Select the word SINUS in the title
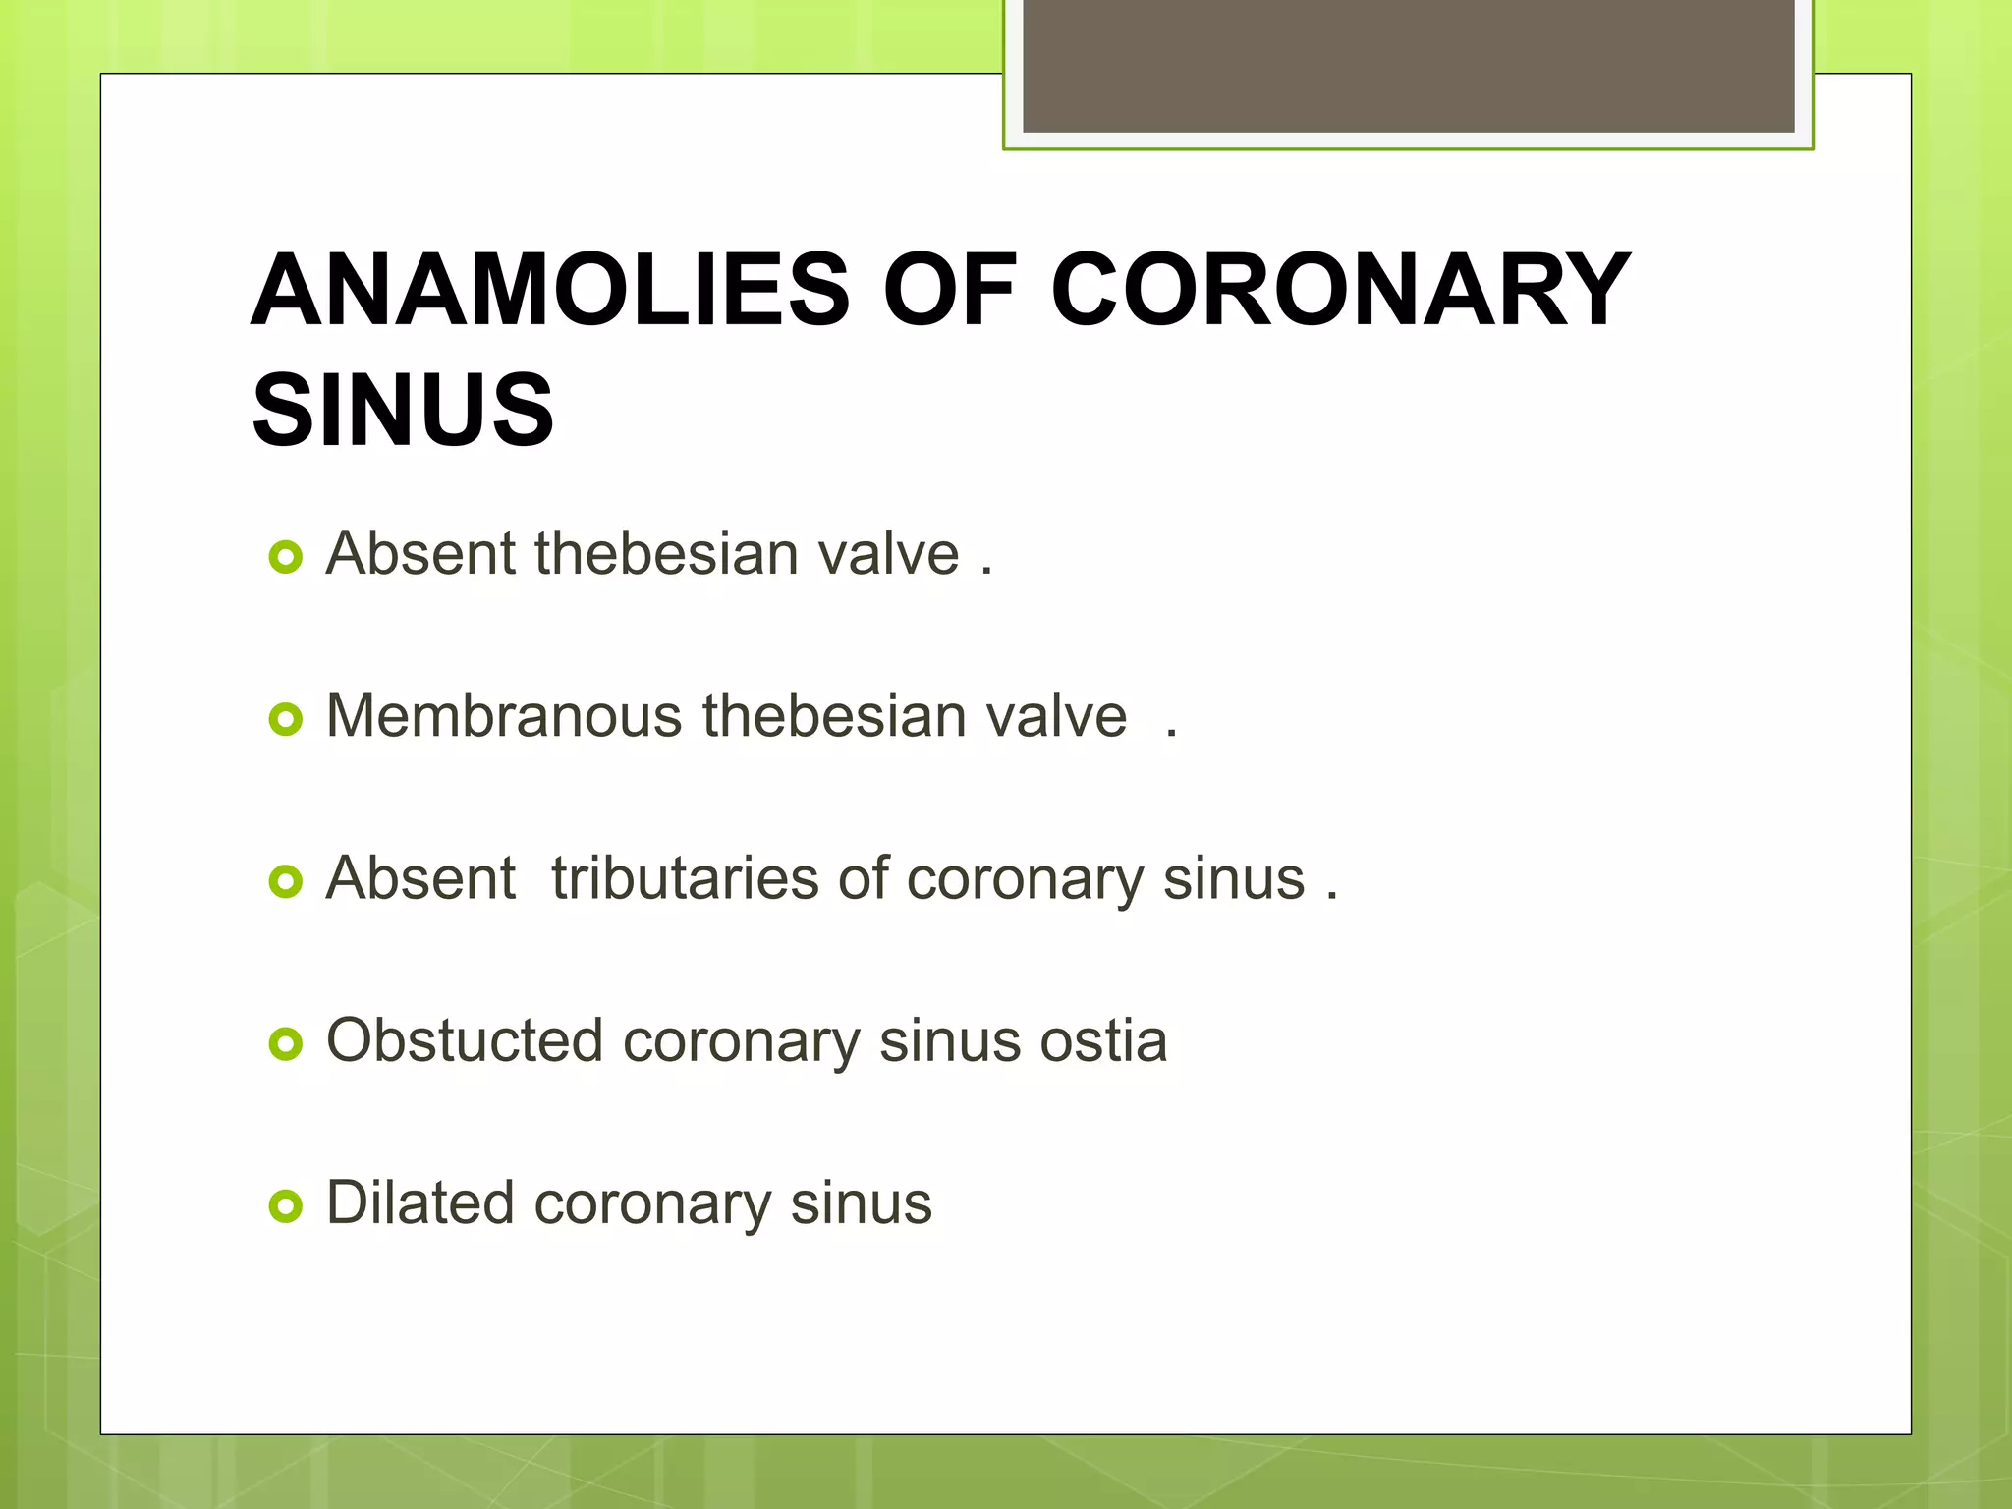click(x=403, y=410)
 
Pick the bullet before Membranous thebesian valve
click(x=285, y=720)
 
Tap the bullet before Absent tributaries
click(x=285, y=882)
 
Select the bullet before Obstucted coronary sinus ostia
click(x=285, y=1044)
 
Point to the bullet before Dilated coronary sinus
click(x=285, y=1206)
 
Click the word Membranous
click(x=503, y=715)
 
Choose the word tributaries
click(x=684, y=877)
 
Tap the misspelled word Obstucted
click(x=464, y=1040)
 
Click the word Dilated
click(x=419, y=1202)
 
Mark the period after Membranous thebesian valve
click(x=1171, y=732)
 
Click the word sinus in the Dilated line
click(x=861, y=1202)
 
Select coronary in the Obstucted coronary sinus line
click(x=741, y=1040)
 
